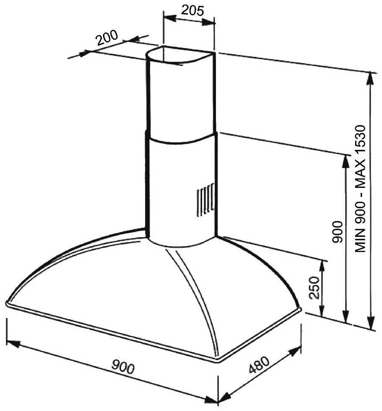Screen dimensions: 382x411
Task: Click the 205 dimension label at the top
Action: [192, 10]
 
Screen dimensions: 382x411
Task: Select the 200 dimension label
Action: [107, 38]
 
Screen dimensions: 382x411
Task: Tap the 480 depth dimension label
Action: [259, 364]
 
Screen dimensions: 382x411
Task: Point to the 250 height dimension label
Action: [314, 288]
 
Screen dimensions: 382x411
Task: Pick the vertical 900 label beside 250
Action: [337, 232]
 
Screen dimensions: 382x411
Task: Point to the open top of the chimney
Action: [181, 55]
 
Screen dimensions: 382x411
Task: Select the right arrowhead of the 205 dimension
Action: [208, 22]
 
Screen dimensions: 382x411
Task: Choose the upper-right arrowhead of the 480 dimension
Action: [294, 351]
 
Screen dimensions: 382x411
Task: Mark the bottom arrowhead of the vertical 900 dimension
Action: [346, 316]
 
